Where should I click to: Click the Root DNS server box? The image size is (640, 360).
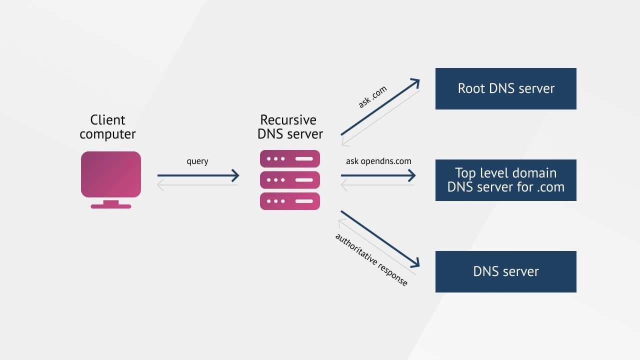pyautogui.click(x=505, y=88)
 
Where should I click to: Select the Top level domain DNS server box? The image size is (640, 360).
pyautogui.click(x=505, y=180)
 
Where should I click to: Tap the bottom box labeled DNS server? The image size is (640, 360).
pyautogui.click(x=505, y=271)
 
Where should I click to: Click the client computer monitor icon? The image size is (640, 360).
pyautogui.click(x=111, y=173)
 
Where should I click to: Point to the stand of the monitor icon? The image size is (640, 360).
pyautogui.click(x=111, y=204)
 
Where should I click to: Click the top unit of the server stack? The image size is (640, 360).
pyautogui.click(x=290, y=158)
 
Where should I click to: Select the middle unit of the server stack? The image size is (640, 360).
pyautogui.click(x=290, y=179)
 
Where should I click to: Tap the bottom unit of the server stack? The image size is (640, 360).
pyautogui.click(x=290, y=201)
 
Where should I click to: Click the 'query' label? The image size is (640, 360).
pyautogui.click(x=197, y=161)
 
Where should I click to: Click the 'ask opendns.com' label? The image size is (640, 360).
pyautogui.click(x=378, y=161)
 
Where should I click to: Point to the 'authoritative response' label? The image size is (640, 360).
pyautogui.click(x=371, y=259)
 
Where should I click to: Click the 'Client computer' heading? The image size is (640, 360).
pyautogui.click(x=107, y=127)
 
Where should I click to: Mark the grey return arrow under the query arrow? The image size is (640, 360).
pyautogui.click(x=197, y=185)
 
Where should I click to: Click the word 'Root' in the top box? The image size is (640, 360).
pyautogui.click(x=471, y=88)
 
